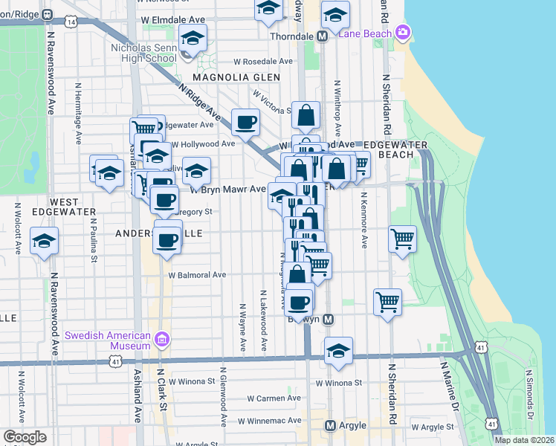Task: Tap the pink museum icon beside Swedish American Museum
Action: [x=163, y=340]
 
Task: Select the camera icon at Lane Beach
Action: [x=403, y=31]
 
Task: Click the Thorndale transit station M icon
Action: [x=323, y=36]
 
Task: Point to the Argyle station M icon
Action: [x=331, y=425]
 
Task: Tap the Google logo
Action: [x=25, y=437]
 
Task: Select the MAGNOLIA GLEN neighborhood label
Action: [x=225, y=77]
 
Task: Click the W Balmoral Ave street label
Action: [x=196, y=274]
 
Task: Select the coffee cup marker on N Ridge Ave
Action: [x=245, y=121]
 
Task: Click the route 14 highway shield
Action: [x=71, y=22]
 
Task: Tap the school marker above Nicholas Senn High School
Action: [x=193, y=38]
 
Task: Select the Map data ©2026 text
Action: [x=524, y=440]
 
